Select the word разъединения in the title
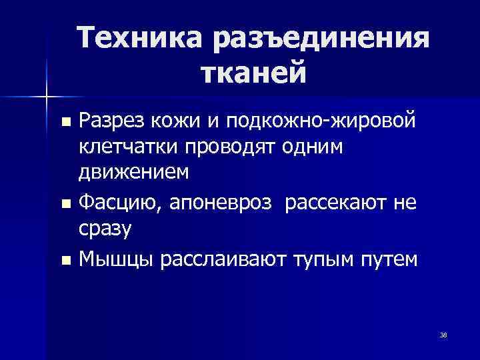318,39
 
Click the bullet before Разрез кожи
65,123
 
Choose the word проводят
221,147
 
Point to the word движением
134,173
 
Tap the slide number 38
443,334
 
